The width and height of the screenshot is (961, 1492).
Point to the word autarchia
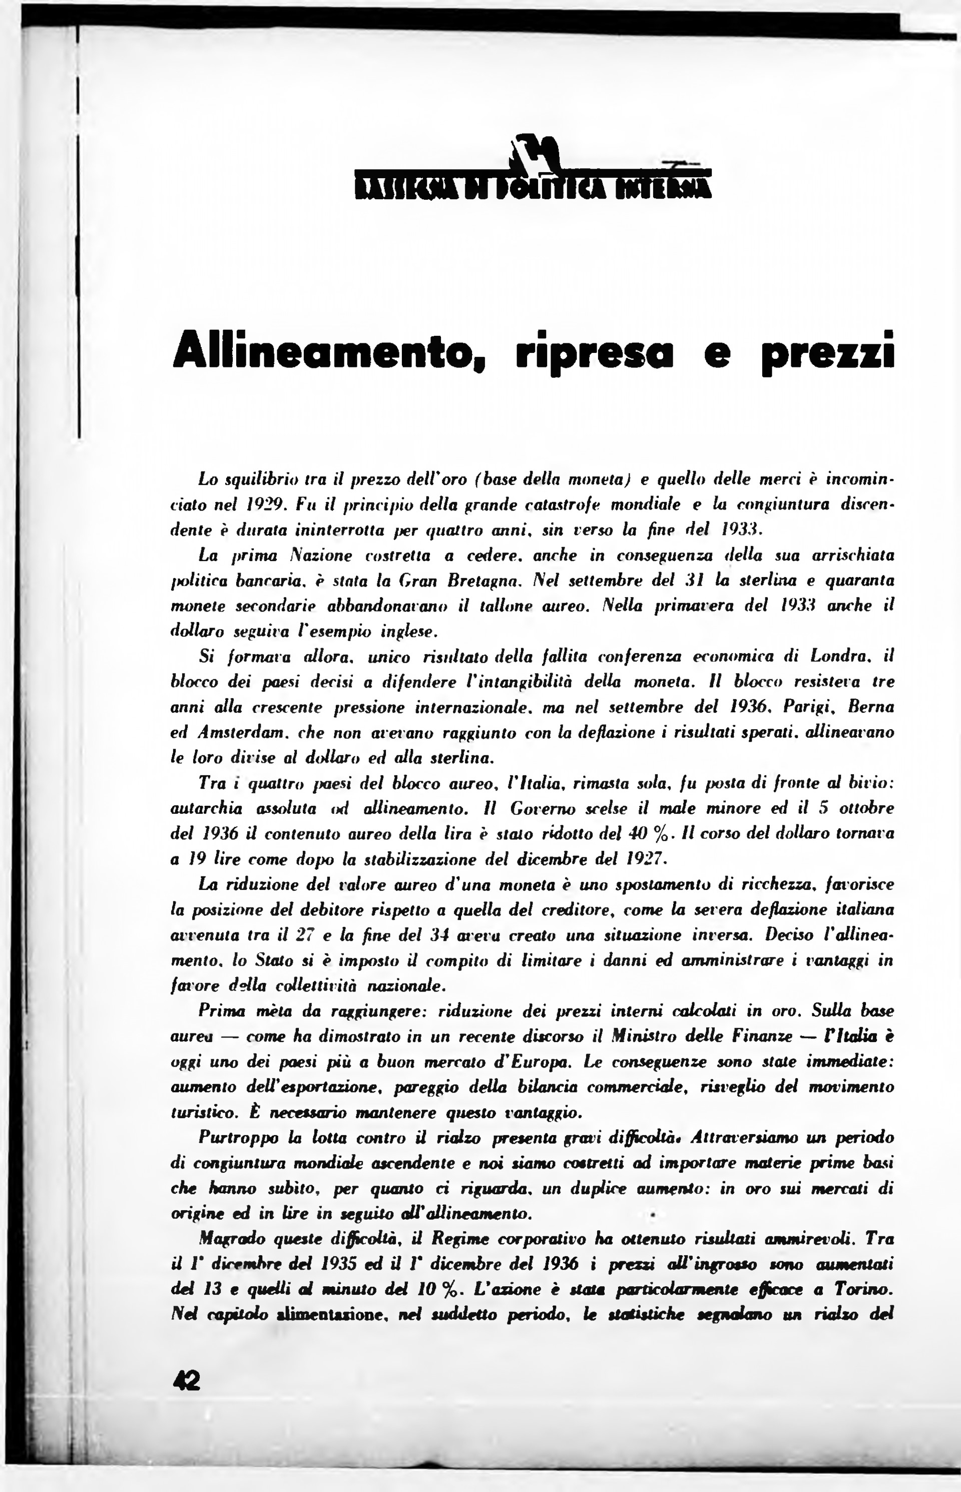206,809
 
